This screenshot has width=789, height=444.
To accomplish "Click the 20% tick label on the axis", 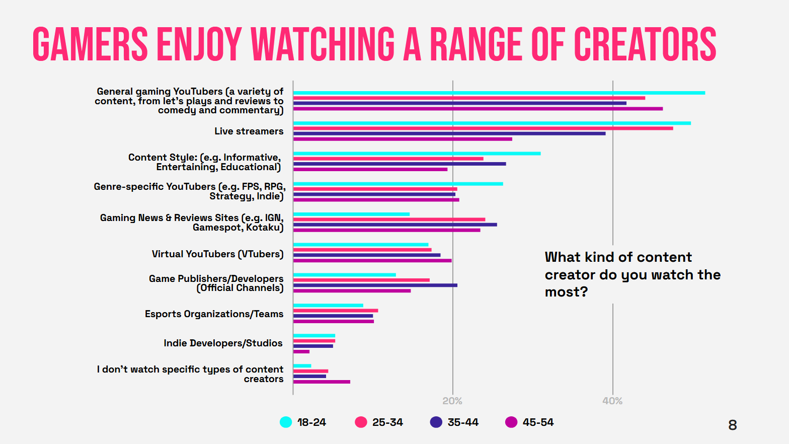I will (452, 401).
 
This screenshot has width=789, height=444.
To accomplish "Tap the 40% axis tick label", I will (612, 401).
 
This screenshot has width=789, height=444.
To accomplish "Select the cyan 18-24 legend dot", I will (286, 422).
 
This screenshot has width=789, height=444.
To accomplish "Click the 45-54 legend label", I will (538, 422).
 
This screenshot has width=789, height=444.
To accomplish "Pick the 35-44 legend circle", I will (436, 422).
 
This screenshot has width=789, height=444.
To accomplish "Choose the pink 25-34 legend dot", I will (361, 422).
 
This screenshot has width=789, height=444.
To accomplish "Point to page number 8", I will (733, 425).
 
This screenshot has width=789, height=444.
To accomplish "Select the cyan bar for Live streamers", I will (492, 123).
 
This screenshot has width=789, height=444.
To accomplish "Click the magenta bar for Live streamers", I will (403, 139).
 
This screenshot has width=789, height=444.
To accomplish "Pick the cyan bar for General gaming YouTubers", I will (499, 93).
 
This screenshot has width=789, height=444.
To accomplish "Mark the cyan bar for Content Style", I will (417, 154).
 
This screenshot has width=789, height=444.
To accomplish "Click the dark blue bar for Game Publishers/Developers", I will (375, 285).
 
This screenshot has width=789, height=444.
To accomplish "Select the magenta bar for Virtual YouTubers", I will (372, 261).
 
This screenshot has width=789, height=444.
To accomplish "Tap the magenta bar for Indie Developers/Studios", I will (301, 351).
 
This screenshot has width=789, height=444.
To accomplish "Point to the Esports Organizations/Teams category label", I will (214, 314).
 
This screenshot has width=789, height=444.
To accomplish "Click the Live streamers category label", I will (249, 131).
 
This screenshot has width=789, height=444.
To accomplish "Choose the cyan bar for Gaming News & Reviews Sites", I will (351, 214).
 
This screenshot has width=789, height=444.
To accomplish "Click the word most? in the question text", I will (566, 292).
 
